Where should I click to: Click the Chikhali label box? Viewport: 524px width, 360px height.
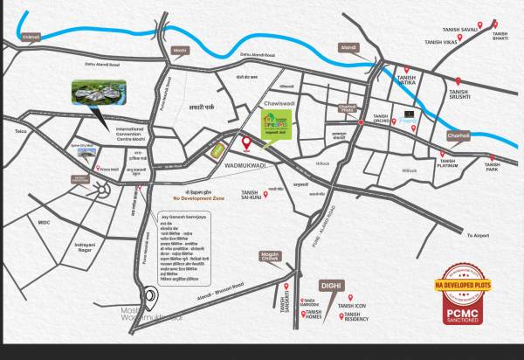[x=31, y=38]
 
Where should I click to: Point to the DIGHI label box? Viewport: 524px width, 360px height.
[x=332, y=285]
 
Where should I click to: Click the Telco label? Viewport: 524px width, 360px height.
[x=21, y=132]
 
